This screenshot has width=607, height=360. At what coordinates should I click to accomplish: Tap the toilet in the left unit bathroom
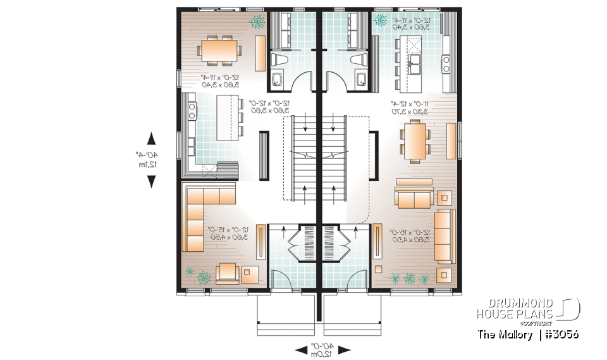coord(279,60)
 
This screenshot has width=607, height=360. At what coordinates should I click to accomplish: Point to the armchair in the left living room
coord(226,273)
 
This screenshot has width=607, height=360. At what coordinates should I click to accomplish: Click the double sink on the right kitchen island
coord(417,62)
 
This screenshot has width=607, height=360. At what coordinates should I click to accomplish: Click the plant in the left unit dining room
coord(257,22)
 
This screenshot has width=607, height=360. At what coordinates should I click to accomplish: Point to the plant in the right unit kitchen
coord(381,20)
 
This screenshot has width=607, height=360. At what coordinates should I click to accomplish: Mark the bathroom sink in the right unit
coord(361,80)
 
